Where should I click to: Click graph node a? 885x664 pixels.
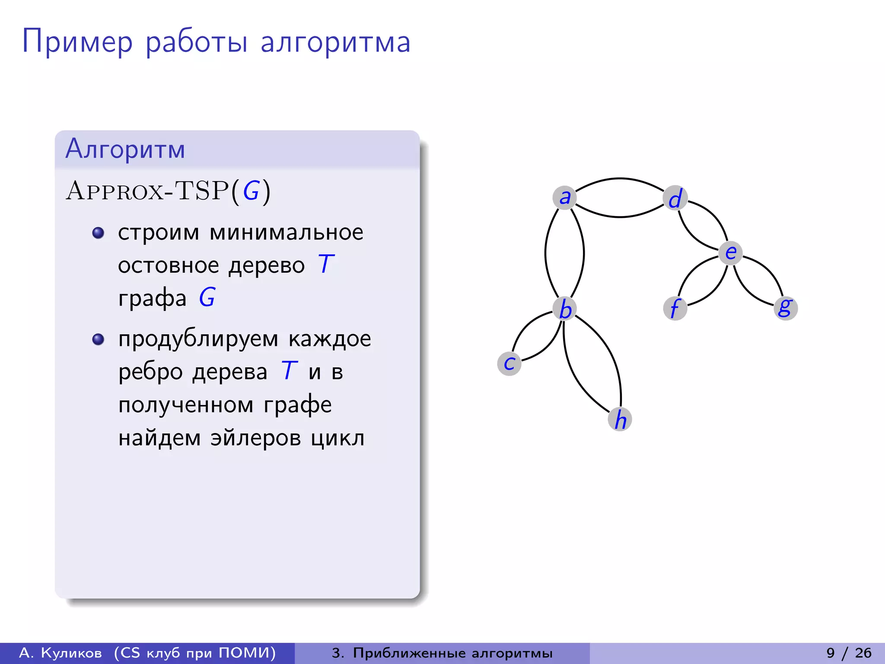pos(564,198)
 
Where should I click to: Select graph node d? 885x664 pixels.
pos(675,198)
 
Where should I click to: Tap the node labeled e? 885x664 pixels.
pos(730,252)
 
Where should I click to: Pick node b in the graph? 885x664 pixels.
pos(565,309)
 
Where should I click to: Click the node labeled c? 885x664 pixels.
pos(509,363)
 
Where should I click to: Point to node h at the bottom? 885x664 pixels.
pos(620,419)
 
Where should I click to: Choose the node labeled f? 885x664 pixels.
pos(675,308)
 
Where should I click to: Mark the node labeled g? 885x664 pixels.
pos(785,308)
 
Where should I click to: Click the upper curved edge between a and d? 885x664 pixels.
pos(620,178)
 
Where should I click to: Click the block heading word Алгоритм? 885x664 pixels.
pos(125,149)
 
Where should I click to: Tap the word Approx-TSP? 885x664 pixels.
pos(147,191)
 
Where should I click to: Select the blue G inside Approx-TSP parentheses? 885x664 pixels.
pos(251,191)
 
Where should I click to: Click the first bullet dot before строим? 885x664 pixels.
pos(99,233)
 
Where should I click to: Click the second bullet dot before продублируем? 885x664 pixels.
pos(99,339)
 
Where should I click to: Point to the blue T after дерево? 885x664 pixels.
pos(326,264)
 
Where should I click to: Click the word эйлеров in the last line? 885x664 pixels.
pos(255,438)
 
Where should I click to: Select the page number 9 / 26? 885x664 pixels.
pos(849,653)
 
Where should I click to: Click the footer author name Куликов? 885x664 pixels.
pos(71,653)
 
